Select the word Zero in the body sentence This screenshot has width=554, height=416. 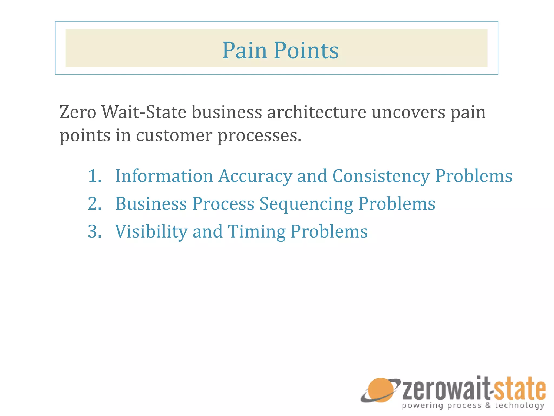click(x=78, y=112)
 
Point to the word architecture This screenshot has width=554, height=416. click(x=317, y=112)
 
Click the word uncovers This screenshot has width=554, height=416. click(x=408, y=112)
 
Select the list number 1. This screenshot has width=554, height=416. click(x=94, y=176)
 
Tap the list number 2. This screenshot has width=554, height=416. click(x=94, y=204)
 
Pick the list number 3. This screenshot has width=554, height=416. click(x=94, y=232)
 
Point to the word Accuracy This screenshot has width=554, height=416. click(x=255, y=176)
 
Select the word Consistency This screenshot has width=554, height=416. click(x=381, y=176)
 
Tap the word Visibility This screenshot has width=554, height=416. click(x=151, y=232)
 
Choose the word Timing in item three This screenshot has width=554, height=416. click(x=256, y=232)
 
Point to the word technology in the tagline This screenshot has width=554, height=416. click(x=519, y=405)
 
